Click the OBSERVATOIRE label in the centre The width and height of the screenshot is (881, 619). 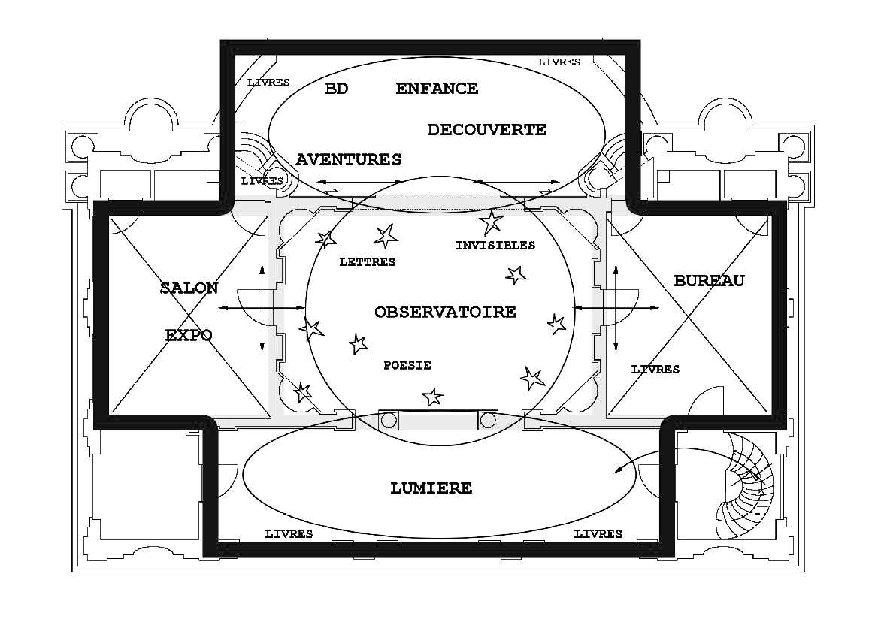[x=445, y=312]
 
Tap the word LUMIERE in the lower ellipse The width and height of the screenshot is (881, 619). [x=431, y=488]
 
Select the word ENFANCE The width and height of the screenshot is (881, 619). [x=437, y=89]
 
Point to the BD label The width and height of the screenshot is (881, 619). [x=336, y=89]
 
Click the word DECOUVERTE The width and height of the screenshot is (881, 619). [x=486, y=130]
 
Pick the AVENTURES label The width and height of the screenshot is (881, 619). [x=349, y=160]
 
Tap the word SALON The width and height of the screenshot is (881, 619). [x=189, y=288]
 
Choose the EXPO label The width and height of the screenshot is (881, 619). [x=188, y=335]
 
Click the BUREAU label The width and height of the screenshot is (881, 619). [x=709, y=281]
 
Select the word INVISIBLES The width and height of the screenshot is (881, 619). [x=495, y=246]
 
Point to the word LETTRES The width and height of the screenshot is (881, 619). [x=368, y=262]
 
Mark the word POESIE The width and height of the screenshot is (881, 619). [x=407, y=365]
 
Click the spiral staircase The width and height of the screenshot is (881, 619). [x=744, y=485]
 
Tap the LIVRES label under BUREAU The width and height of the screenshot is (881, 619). [x=655, y=370]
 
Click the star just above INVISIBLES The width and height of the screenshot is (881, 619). [x=492, y=222]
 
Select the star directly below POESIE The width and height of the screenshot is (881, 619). [x=432, y=396]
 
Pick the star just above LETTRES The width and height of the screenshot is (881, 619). [x=386, y=236]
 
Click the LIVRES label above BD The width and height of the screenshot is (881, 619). [x=268, y=83]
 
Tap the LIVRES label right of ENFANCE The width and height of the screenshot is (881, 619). [x=559, y=62]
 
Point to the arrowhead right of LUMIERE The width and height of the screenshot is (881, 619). [x=618, y=470]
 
